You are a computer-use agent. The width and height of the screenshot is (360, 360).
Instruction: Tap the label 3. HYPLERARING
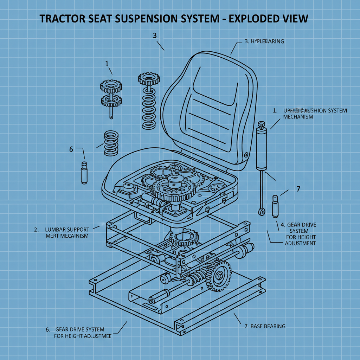pos(264,41)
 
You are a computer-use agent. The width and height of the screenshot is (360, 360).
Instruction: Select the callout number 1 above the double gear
pos(107,63)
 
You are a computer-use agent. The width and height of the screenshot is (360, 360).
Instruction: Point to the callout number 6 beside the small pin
pos(71,149)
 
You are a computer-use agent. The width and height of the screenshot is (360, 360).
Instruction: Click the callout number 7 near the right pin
pos(298,189)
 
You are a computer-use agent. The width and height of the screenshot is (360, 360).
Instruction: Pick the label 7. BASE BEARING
pos(265,326)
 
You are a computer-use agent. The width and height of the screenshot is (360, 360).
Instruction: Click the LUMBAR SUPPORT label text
pos(67,229)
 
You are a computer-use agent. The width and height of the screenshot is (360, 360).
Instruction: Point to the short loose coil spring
pos(111,143)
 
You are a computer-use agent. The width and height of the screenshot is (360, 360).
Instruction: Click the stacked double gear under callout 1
pos(111,93)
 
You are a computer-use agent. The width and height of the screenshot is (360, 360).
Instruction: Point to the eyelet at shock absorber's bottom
pos(261,212)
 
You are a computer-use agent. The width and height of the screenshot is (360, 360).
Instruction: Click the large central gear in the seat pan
pos(173,190)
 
